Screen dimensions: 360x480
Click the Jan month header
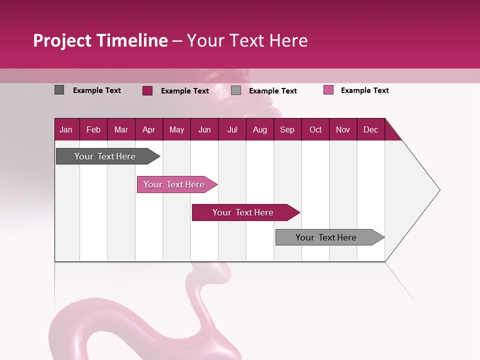click(x=66, y=129)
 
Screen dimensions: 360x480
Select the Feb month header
click(x=93, y=129)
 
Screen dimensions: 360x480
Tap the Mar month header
click(x=121, y=129)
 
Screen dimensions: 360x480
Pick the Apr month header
click(x=148, y=129)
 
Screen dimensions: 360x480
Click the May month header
click(x=176, y=129)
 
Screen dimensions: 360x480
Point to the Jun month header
click(x=204, y=129)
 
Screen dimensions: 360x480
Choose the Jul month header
click(x=232, y=129)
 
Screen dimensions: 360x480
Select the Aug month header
click(x=259, y=129)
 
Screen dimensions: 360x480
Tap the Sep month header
click(x=287, y=129)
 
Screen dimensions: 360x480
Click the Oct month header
click(x=315, y=129)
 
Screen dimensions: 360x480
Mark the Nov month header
click(x=343, y=129)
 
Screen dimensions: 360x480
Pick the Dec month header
click(x=370, y=129)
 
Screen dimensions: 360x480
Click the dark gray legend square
click(x=59, y=90)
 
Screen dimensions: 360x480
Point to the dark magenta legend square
click(x=147, y=90)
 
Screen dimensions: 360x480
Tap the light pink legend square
click(x=328, y=90)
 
